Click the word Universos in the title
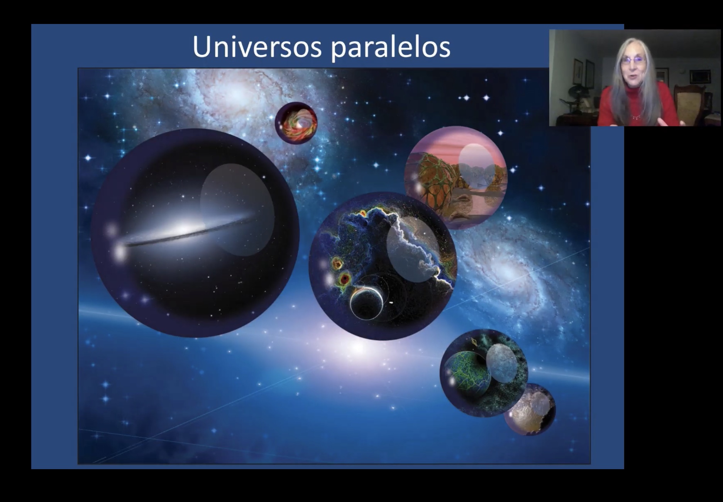click(x=257, y=47)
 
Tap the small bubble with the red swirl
click(x=296, y=123)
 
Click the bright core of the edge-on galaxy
click(x=185, y=230)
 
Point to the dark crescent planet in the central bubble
click(x=366, y=304)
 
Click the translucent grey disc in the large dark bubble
click(x=237, y=209)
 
